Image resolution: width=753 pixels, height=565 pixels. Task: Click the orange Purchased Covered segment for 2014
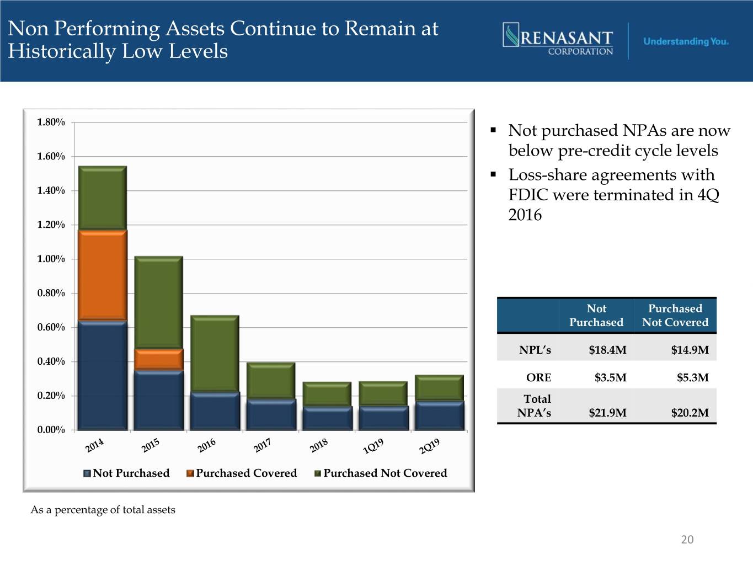(103, 275)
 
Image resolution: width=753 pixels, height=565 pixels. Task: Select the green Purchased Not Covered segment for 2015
(159, 302)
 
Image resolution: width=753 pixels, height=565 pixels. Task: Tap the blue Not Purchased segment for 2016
(215, 411)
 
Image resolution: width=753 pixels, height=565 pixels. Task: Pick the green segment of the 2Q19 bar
(440, 387)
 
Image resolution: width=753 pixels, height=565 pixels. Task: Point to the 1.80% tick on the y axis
(51, 122)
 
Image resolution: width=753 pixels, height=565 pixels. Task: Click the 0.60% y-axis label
(51, 327)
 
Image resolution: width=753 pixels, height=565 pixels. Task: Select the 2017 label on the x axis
(262, 445)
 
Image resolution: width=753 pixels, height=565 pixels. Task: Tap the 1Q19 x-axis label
(373, 446)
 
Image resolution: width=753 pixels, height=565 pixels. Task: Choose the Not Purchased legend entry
(126, 473)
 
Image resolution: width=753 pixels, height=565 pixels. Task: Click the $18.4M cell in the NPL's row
(607, 350)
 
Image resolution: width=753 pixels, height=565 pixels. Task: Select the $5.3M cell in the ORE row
(692, 377)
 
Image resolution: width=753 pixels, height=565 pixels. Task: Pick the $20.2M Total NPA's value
(690, 412)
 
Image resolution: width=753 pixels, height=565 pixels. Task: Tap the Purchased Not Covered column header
(675, 315)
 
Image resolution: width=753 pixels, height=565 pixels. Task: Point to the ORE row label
(538, 377)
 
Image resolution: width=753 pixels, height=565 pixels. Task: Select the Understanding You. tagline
(686, 41)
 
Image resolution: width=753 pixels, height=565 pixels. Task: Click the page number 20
(687, 540)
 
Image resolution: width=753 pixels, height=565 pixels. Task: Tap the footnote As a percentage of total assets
(103, 510)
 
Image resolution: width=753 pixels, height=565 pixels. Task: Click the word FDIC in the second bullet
(528, 195)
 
